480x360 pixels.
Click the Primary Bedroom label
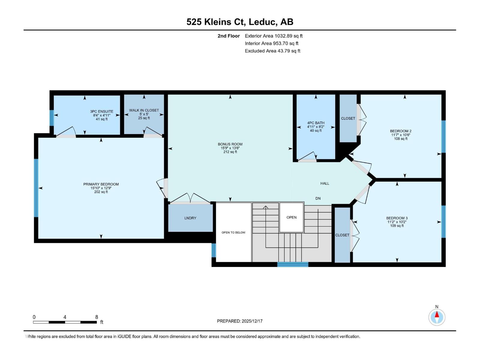[101, 184]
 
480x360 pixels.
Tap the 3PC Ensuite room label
[102, 111]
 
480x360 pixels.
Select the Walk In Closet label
[144, 110]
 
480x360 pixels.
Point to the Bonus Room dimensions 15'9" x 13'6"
[230, 148]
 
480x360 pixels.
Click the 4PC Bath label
[316, 123]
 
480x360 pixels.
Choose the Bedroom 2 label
[400, 131]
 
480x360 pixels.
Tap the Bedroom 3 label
[397, 218]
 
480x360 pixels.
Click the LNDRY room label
[190, 218]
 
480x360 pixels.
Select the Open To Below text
[233, 232]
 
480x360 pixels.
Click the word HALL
[325, 183]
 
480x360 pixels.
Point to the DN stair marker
[318, 198]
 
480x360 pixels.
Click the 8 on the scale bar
[97, 317]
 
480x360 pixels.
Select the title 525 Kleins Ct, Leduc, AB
[240, 22]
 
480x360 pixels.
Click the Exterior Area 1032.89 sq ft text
[274, 36]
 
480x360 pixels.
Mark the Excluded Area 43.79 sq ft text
[272, 51]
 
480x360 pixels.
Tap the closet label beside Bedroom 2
[348, 118]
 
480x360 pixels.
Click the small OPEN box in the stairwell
[291, 217]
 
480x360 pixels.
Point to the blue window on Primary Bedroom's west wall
[36, 188]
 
